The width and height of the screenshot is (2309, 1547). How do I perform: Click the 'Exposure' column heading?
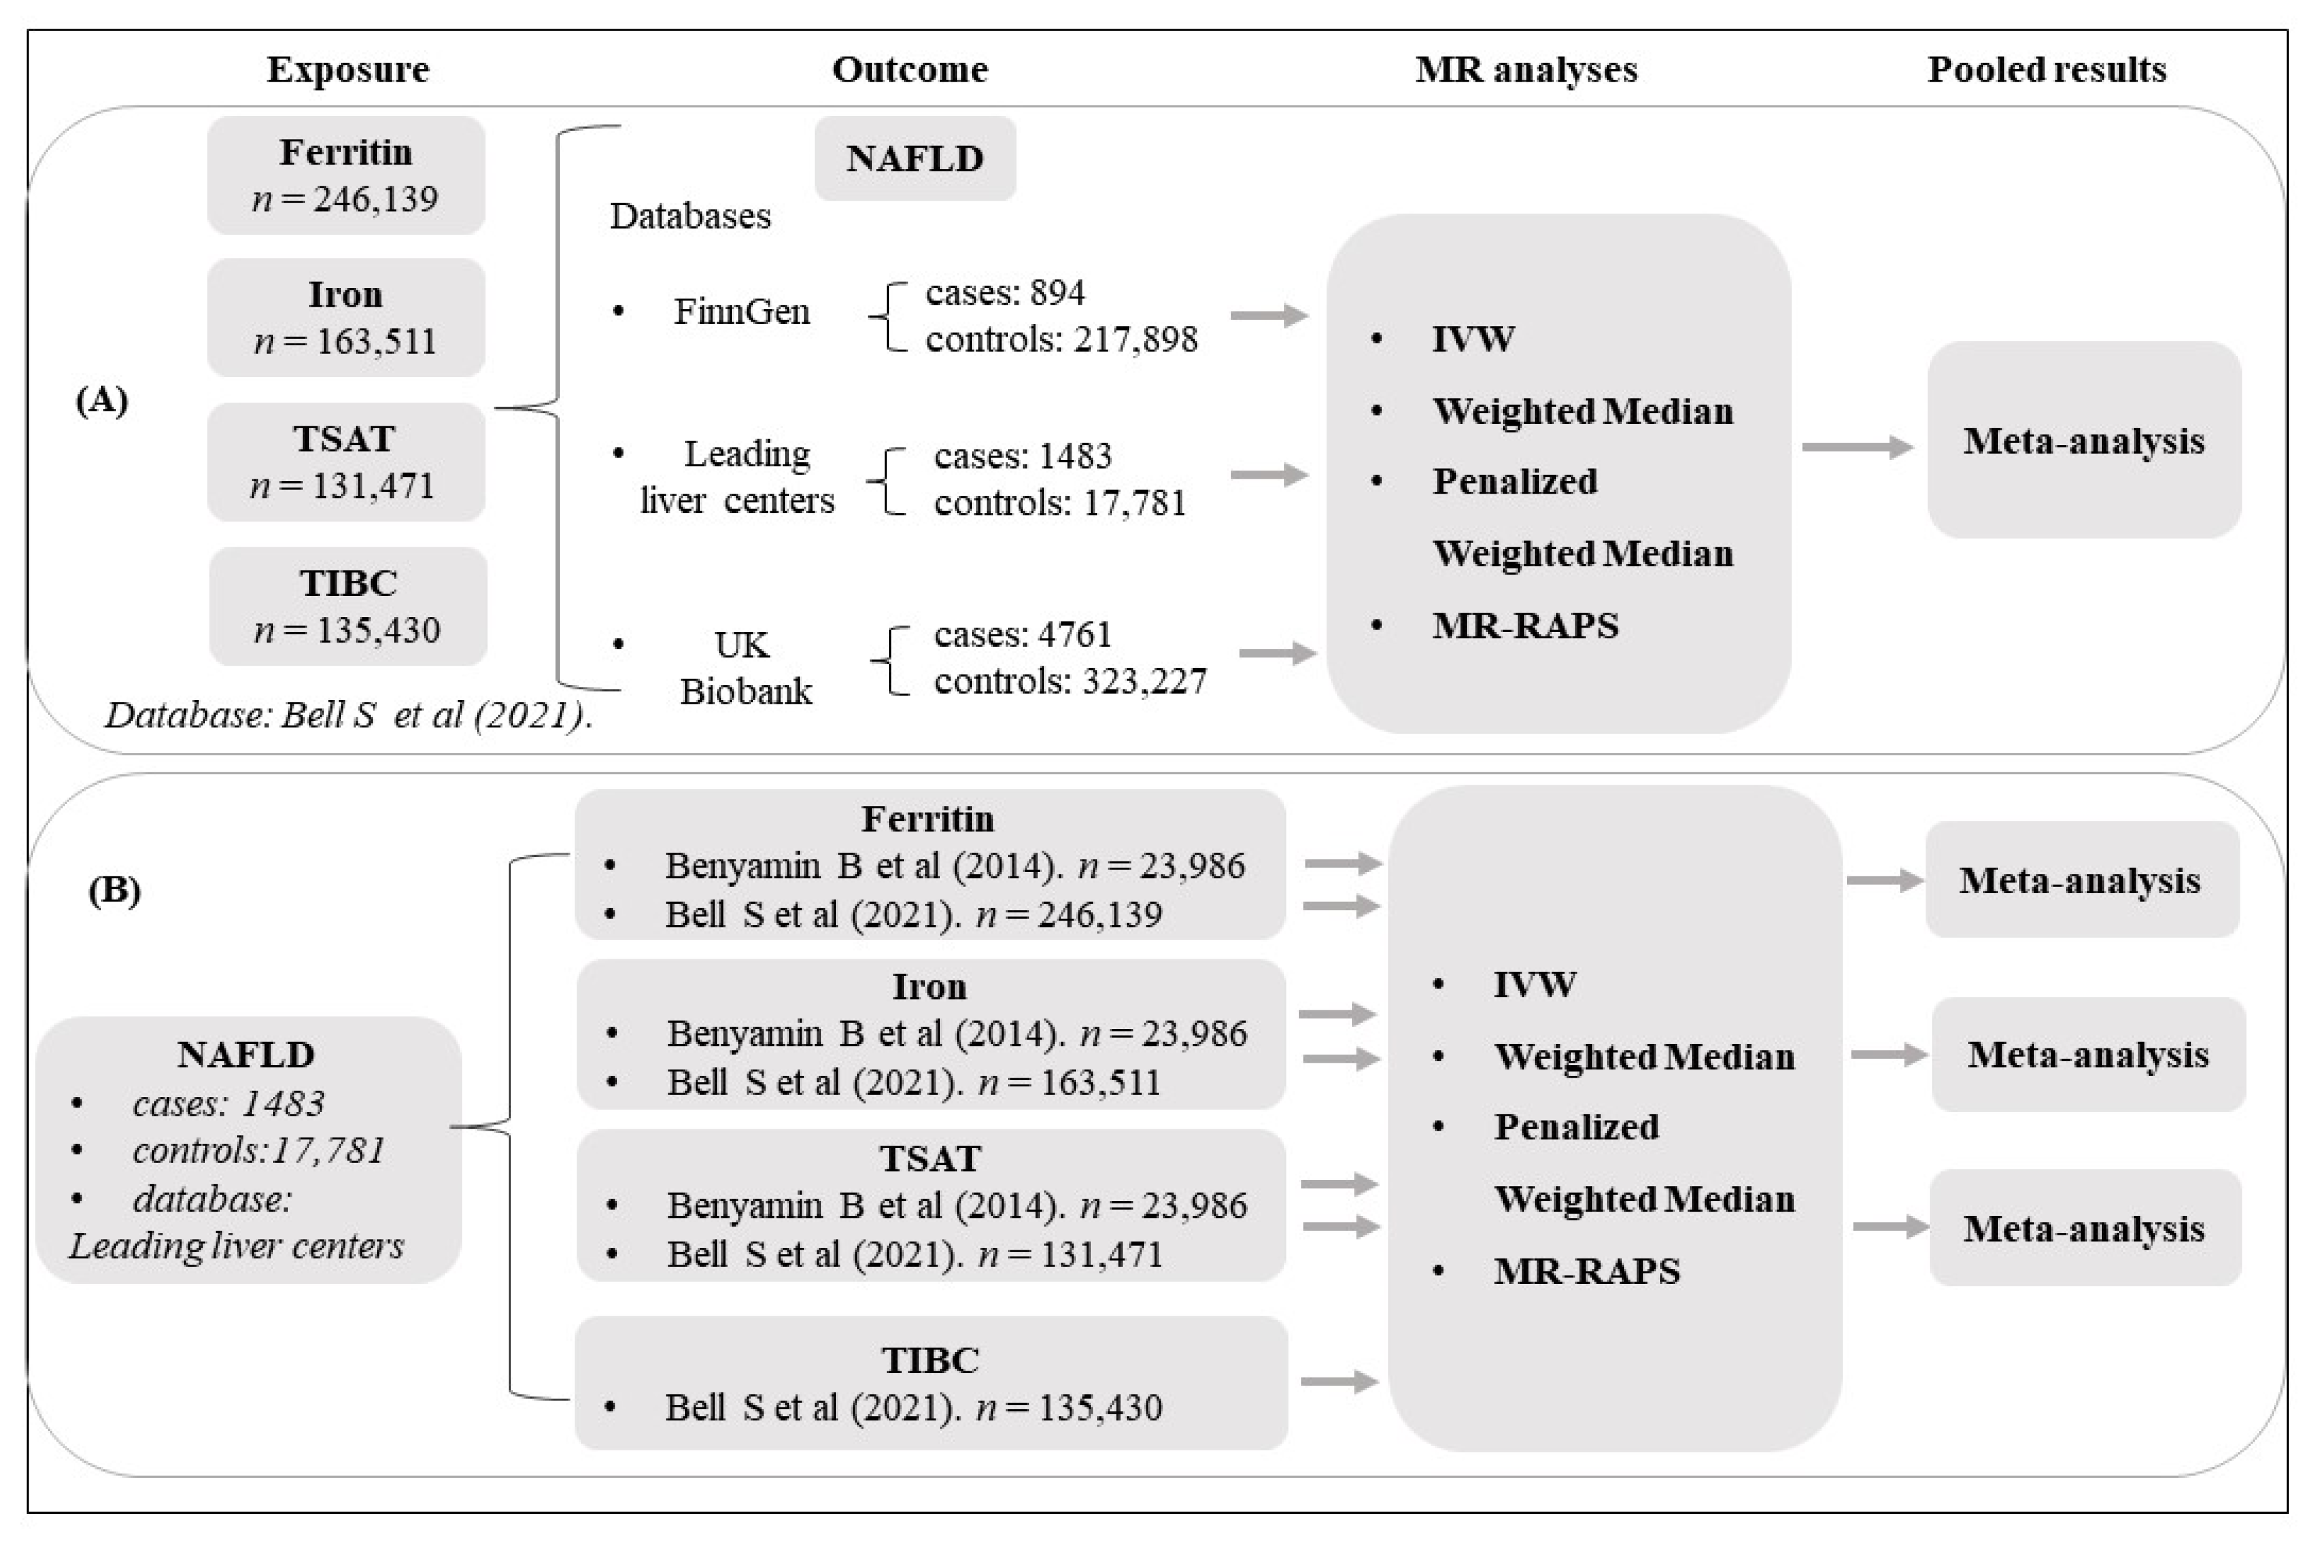point(347,69)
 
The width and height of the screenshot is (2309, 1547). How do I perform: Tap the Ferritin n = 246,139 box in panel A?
point(345,176)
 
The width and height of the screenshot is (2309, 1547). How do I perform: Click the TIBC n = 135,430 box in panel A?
point(347,606)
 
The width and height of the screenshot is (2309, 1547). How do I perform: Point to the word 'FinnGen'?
point(741,312)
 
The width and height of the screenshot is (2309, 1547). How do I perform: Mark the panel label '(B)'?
point(115,890)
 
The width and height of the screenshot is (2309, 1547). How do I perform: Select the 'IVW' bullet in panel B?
point(1534,984)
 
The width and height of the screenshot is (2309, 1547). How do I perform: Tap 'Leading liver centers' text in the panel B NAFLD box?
point(236,1246)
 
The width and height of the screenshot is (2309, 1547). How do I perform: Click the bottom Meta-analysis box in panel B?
point(2084,1228)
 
